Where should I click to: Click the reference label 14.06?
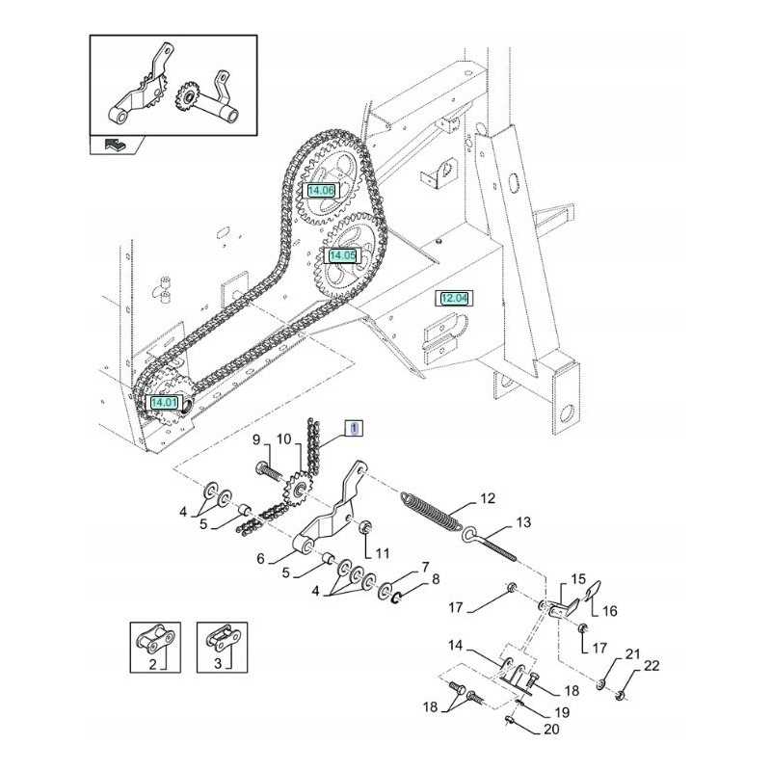(321, 191)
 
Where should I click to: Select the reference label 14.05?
(342, 255)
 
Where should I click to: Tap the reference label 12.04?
(454, 299)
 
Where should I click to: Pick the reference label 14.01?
(164, 402)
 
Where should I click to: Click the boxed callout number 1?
(355, 426)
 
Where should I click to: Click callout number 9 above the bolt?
(257, 440)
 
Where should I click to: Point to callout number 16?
(608, 611)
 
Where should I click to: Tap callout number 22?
(652, 666)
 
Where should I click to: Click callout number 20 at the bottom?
(551, 730)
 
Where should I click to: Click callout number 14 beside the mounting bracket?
(453, 645)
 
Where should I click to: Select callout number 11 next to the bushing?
(383, 553)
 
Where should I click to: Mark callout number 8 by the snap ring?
(435, 579)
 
